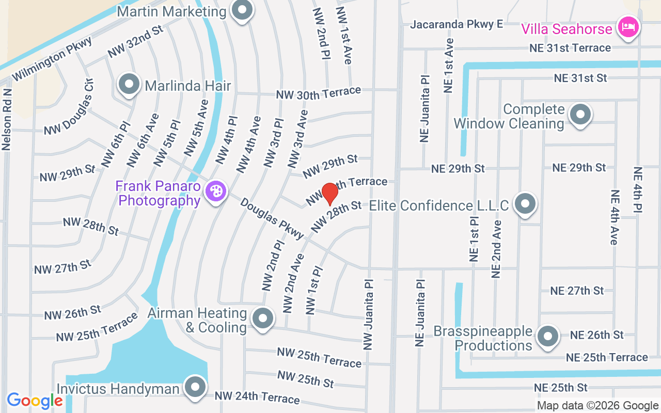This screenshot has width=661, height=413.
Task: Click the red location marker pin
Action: (x=330, y=194)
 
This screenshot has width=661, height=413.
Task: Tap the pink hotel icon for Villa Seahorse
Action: (x=628, y=26)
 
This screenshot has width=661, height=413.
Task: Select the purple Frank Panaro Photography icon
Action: (x=215, y=192)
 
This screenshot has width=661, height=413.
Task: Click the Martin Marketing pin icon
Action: (x=241, y=10)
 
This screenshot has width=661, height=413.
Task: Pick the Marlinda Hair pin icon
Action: (x=129, y=84)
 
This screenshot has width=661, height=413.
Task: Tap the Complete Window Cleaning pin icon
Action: (x=580, y=115)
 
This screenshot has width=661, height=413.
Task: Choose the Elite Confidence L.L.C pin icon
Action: (x=525, y=204)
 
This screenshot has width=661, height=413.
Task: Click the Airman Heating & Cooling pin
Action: (x=263, y=319)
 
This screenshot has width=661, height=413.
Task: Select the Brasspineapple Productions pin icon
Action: (x=547, y=337)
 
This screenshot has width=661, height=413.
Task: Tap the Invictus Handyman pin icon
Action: (x=195, y=387)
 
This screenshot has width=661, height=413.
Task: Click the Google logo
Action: (x=35, y=401)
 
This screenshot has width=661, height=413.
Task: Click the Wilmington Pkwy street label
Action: (x=52, y=59)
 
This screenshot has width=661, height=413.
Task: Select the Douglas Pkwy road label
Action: (x=272, y=219)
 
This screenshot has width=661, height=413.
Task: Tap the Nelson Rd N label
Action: (x=7, y=119)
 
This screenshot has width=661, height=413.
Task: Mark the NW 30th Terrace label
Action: (x=318, y=93)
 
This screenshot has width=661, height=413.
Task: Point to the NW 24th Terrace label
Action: (x=257, y=397)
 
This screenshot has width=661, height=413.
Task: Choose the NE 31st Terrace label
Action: (x=570, y=48)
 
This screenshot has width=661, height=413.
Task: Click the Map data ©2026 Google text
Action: (x=597, y=406)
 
